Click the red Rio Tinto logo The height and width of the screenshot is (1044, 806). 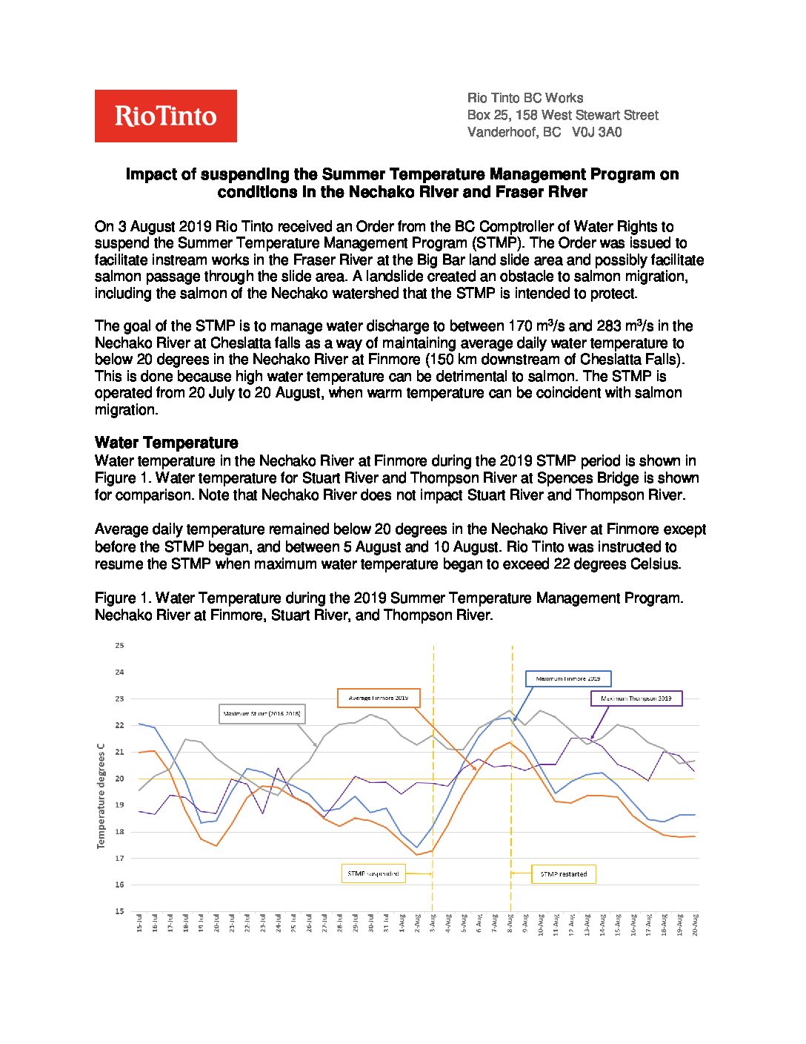[165, 116]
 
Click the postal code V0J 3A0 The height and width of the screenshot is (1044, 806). [597, 133]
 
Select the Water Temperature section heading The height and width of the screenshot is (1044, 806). [167, 443]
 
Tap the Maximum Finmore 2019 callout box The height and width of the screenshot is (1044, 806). [568, 678]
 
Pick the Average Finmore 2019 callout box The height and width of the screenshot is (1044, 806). [379, 698]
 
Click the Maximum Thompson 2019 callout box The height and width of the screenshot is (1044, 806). [636, 698]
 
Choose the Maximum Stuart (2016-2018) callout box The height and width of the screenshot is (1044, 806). [262, 714]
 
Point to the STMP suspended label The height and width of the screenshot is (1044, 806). [373, 873]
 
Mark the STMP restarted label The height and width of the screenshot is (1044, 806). [564, 874]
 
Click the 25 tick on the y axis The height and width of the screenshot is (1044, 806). [119, 646]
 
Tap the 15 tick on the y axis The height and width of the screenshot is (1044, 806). [119, 911]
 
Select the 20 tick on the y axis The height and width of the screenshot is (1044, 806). [119, 779]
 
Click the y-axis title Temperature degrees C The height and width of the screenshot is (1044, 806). [101, 796]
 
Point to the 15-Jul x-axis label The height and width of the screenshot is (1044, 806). [139, 924]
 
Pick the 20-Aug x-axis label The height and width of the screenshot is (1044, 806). [695, 924]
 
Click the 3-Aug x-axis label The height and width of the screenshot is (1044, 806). [433, 924]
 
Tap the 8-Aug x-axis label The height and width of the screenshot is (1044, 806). [510, 924]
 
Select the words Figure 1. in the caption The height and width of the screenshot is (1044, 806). [121, 598]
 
